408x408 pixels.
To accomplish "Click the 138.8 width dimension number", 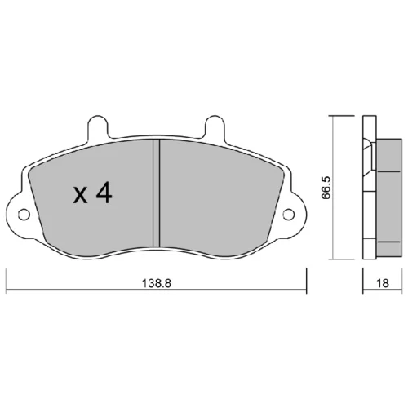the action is (x=157, y=283).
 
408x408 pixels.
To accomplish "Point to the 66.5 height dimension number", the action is (x=326, y=188).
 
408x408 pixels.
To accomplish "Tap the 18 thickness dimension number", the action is (x=383, y=283).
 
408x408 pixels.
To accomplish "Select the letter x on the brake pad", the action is (x=80, y=196).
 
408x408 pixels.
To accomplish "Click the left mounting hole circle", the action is (x=24, y=215).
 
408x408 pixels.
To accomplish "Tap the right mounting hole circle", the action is (x=289, y=215).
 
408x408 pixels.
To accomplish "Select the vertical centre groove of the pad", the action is (x=156, y=193).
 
